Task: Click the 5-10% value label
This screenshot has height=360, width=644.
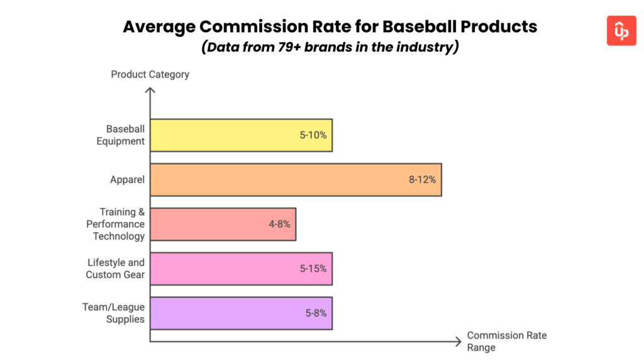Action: click(313, 135)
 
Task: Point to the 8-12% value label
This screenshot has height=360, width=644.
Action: click(422, 180)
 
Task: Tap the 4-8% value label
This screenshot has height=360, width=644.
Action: click(279, 224)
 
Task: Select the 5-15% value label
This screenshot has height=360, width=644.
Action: click(313, 269)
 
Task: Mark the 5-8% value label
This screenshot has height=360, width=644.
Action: click(315, 313)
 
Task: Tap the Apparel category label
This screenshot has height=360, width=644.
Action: click(127, 180)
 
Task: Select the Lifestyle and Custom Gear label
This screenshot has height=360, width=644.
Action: click(115, 269)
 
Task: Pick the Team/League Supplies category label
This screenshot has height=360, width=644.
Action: click(114, 313)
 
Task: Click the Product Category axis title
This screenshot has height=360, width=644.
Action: click(150, 74)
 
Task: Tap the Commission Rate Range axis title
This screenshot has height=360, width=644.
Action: click(506, 341)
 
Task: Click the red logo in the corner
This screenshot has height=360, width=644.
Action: click(621, 30)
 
